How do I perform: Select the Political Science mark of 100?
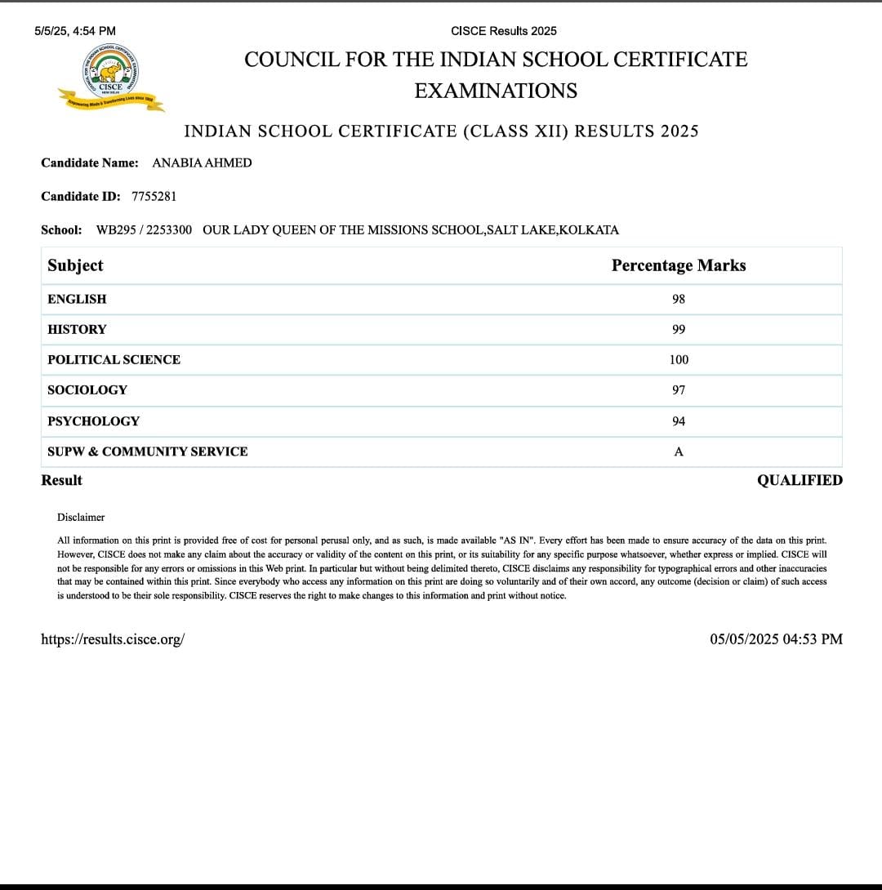pyautogui.click(x=679, y=360)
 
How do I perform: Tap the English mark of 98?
pyautogui.click(x=679, y=300)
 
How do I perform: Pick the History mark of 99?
pyautogui.click(x=679, y=330)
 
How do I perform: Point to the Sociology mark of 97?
pyautogui.click(x=679, y=390)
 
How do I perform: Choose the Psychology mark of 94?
pyautogui.click(x=679, y=421)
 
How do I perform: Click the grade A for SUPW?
pyautogui.click(x=679, y=452)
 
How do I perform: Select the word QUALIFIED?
pyautogui.click(x=800, y=481)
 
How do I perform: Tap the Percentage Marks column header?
pyautogui.click(x=679, y=266)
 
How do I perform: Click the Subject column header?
pyautogui.click(x=75, y=266)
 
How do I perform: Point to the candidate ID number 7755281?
pyautogui.click(x=154, y=197)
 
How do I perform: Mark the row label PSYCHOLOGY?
pyautogui.click(x=93, y=421)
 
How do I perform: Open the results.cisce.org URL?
pyautogui.click(x=113, y=639)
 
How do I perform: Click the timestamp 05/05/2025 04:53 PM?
pyautogui.click(x=776, y=639)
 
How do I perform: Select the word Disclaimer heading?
pyautogui.click(x=81, y=518)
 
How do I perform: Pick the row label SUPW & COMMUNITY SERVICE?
pyautogui.click(x=147, y=452)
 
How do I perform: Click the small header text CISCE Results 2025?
pyautogui.click(x=504, y=31)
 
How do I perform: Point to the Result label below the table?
pyautogui.click(x=61, y=481)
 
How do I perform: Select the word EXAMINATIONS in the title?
pyautogui.click(x=496, y=91)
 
